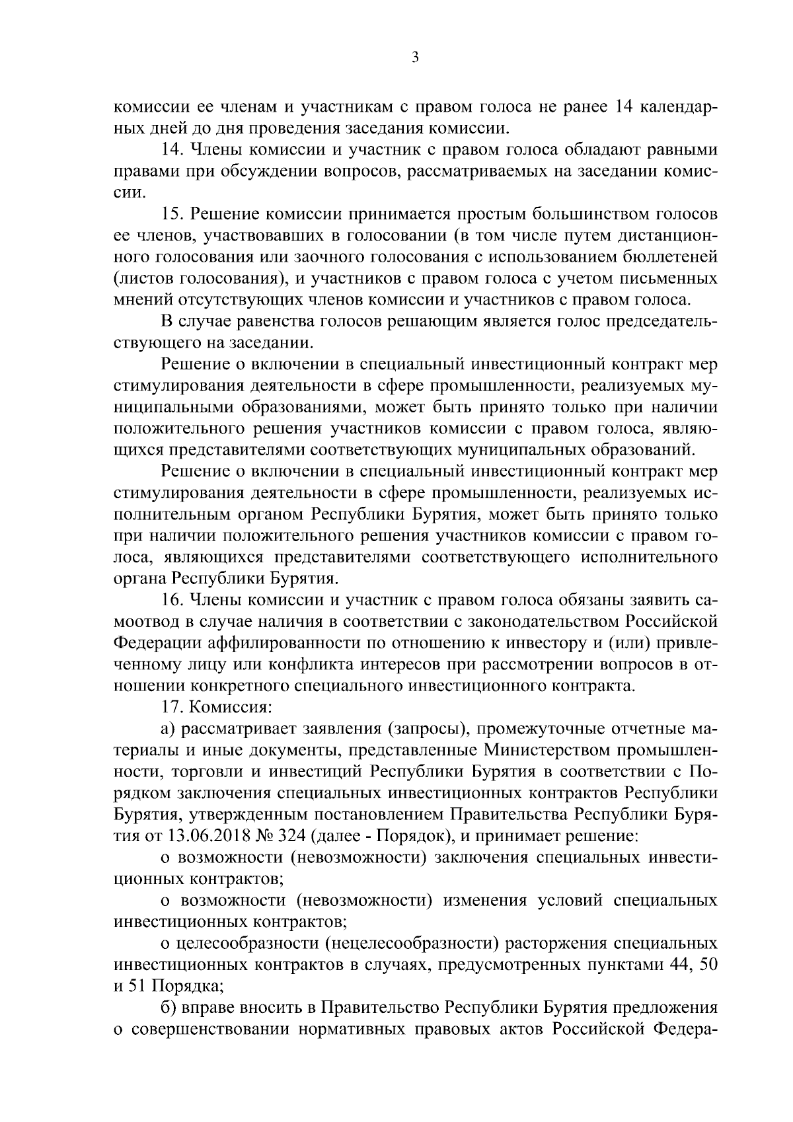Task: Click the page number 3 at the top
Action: click(414, 58)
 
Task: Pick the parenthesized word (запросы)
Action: click(424, 728)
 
